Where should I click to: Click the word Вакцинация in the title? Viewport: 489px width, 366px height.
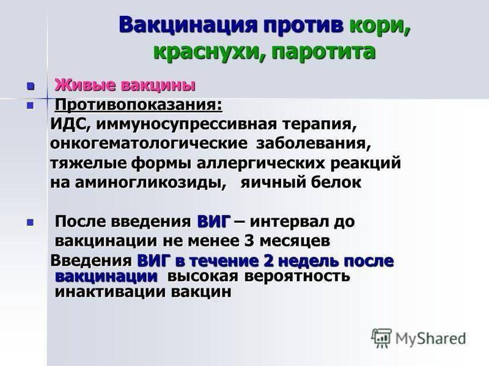(188, 25)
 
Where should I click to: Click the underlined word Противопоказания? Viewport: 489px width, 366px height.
(137, 105)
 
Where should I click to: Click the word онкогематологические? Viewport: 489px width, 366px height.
(149, 144)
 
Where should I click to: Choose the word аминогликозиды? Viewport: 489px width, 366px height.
(150, 182)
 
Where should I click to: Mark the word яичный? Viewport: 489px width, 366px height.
(270, 183)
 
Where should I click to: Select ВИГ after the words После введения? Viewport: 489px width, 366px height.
(214, 221)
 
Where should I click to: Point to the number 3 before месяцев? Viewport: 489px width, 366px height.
(249, 241)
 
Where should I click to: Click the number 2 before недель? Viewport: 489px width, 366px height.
(268, 261)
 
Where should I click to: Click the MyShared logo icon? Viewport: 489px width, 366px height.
(381, 338)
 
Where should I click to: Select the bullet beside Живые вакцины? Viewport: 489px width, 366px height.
(30, 85)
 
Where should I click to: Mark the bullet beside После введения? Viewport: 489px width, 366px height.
(30, 222)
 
